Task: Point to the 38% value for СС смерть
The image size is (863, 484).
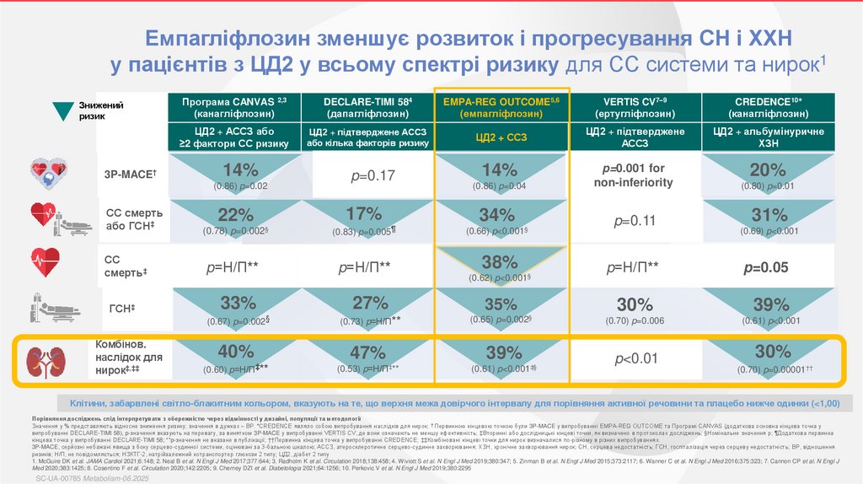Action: click(x=502, y=262)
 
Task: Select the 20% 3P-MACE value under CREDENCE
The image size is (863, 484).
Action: click(x=767, y=169)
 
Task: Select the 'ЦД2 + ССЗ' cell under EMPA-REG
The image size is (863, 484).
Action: click(x=501, y=137)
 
